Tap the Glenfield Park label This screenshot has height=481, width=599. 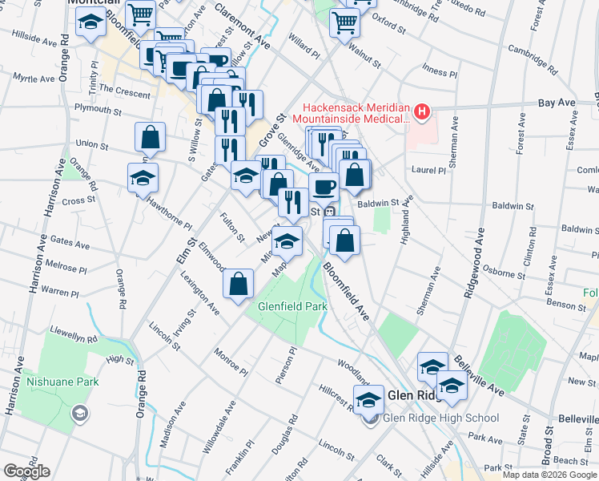(292, 306)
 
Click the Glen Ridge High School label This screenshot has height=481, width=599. (441, 418)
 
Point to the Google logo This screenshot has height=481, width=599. (26, 471)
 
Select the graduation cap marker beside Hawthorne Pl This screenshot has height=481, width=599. (143, 177)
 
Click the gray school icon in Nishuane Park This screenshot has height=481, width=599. (79, 413)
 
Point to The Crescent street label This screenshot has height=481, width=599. (122, 92)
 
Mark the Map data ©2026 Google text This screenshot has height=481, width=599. (549, 475)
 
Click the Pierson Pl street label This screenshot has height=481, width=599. (286, 366)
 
